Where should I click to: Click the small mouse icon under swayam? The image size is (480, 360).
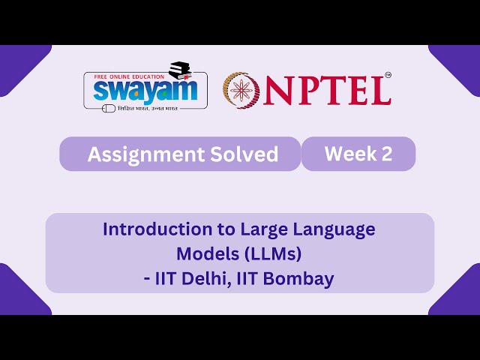point(108,109)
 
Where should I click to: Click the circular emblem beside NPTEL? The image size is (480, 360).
point(241,88)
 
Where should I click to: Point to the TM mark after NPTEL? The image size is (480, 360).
point(387,75)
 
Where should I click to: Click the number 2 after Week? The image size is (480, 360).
point(386,154)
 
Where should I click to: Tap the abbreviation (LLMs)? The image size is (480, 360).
point(274,253)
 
